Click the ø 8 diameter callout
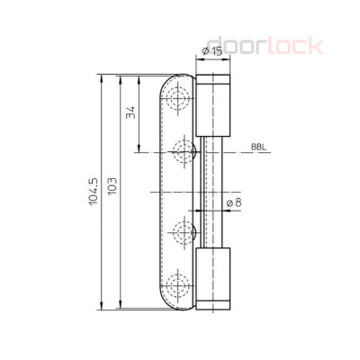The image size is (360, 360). click(231, 202)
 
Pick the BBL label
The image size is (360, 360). click(258, 146)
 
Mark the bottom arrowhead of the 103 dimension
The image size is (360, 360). click(116, 306)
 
